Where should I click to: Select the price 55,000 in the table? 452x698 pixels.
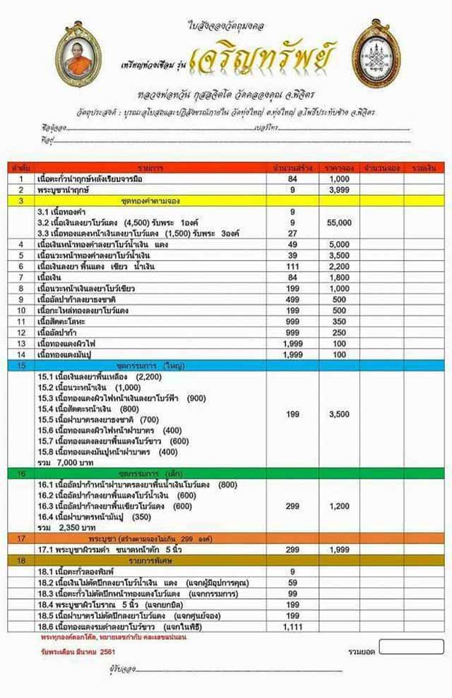340,222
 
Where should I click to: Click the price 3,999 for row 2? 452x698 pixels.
340,190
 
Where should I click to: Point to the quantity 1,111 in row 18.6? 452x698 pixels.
292,626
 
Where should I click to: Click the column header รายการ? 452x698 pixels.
150,168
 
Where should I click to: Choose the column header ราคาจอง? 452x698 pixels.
340,168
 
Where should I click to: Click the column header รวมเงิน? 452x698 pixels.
424,168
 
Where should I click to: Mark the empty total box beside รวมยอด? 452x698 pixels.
412,646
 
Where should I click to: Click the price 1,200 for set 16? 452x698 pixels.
340,506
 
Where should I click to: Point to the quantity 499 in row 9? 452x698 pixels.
292,299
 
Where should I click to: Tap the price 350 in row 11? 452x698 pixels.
340,321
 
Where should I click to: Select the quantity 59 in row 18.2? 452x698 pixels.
292,582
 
